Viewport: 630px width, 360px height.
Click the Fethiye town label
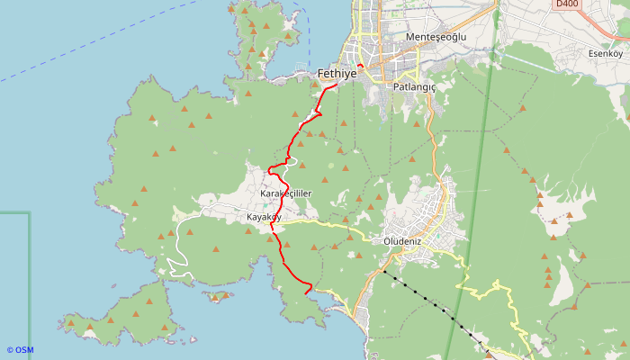point(337,75)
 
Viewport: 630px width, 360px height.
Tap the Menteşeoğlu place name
point(436,37)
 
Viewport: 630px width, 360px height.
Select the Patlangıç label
point(414,87)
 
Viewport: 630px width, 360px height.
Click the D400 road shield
point(566,4)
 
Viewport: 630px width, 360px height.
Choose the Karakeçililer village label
point(285,193)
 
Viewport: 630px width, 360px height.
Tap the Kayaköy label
point(264,218)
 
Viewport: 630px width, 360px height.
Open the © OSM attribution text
point(20,350)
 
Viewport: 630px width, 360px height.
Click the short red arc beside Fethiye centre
point(359,66)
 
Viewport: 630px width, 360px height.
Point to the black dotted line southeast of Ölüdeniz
point(432,301)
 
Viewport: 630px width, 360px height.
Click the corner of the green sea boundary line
point(29,213)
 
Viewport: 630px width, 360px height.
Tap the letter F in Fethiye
point(321,75)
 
